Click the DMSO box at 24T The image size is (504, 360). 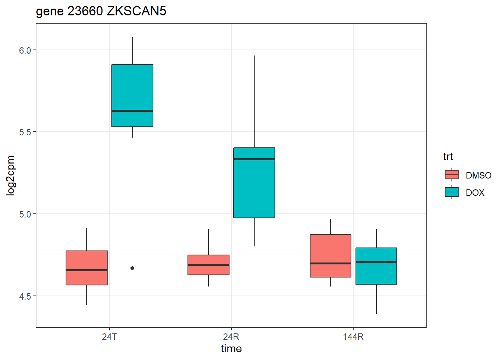[87, 268]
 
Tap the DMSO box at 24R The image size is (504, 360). [208, 265]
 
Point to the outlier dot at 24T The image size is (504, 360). [132, 268]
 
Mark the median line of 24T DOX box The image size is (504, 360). [132, 111]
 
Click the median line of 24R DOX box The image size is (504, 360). [254, 159]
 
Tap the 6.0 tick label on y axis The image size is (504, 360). [25, 50]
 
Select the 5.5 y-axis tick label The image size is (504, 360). [25, 132]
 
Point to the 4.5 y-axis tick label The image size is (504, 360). [25, 296]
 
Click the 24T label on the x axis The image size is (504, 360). [109, 337]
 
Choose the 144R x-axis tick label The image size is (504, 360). [353, 337]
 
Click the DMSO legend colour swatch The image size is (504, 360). [451, 175]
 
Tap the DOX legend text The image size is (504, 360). [475, 193]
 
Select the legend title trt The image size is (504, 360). [448, 156]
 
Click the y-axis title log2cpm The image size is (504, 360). [10, 175]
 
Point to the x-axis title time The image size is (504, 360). [231, 349]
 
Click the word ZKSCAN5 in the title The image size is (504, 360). [136, 11]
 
